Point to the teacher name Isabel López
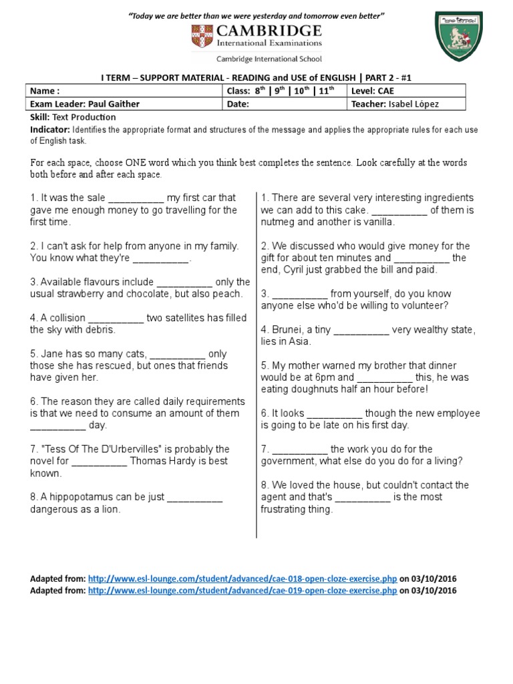tap(414, 104)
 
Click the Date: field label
tap(238, 104)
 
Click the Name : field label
tap(45, 91)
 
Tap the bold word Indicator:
tap(49, 130)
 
